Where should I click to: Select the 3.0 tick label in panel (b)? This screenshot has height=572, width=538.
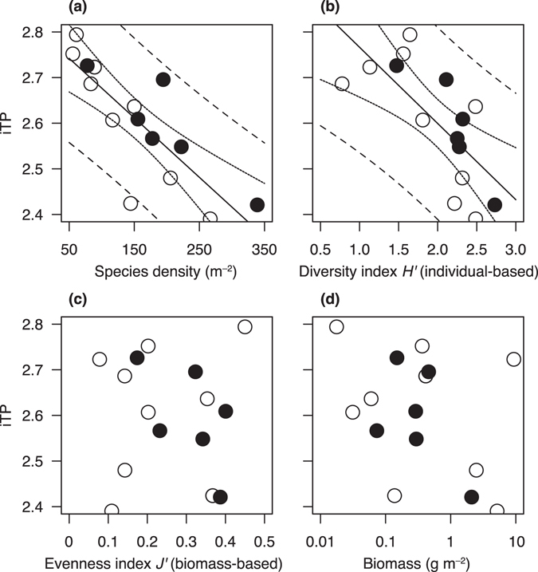[515, 248]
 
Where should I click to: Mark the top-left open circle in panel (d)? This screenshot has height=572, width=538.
[336, 327]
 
